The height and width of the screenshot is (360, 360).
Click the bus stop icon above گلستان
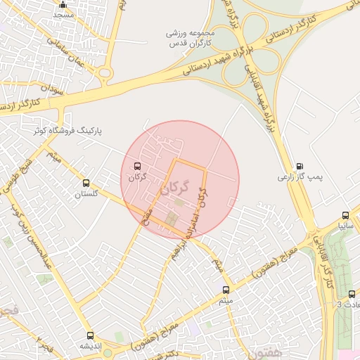pyautogui.click(x=86, y=183)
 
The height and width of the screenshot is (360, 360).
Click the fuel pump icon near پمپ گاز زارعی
pyautogui.click(x=301, y=166)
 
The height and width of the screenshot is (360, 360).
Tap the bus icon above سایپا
pyautogui.click(x=345, y=216)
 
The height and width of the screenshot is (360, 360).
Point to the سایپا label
pyautogui.click(x=344, y=226)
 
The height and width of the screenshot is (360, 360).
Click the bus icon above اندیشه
pyautogui.click(x=90, y=335)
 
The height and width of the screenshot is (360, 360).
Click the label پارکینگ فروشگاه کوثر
pyautogui.click(x=70, y=131)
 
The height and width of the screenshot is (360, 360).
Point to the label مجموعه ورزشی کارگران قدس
pyautogui.click(x=189, y=38)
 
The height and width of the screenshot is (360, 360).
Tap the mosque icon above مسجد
pyautogui.click(x=63, y=4)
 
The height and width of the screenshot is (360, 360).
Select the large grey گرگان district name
pyautogui.click(x=175, y=188)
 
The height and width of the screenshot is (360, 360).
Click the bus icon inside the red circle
pyautogui.click(x=136, y=167)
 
